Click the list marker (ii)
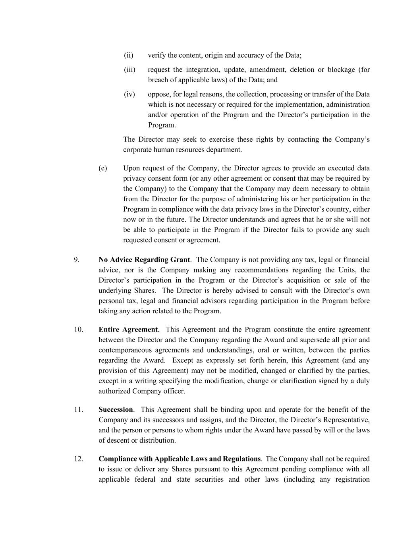pos(128,55)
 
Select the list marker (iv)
pos(129,94)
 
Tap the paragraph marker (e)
pos(102,168)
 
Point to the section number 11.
pos(78,409)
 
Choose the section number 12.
pos(78,459)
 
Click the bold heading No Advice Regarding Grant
pos(144,260)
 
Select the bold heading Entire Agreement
pos(128,330)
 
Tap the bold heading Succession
pos(116,409)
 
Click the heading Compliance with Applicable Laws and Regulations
pos(180,459)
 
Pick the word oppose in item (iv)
pos(158,94)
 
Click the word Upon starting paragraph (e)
pos(131,168)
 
